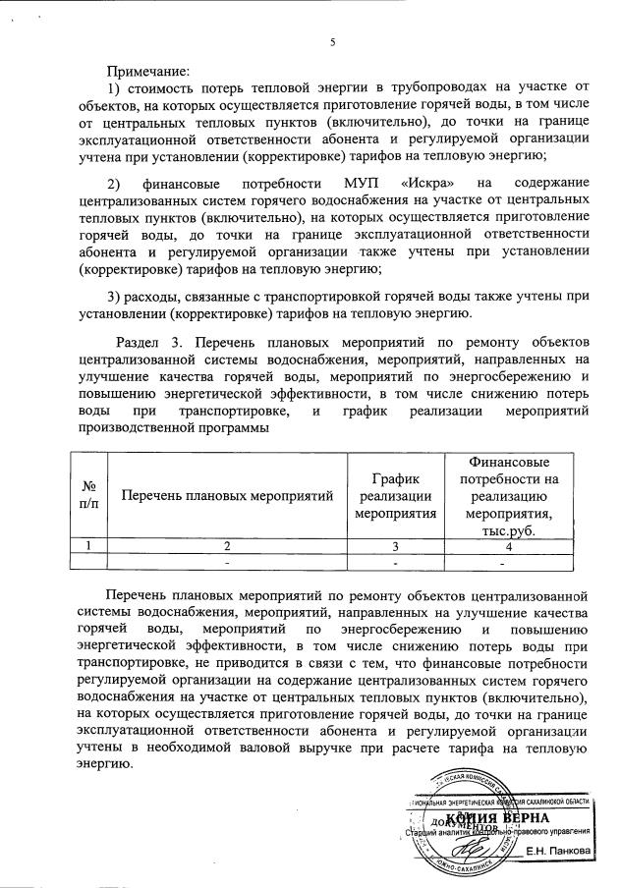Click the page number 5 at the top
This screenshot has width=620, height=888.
[333, 41]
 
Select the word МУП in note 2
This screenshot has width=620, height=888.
[369, 185]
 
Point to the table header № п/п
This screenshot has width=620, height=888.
[88, 494]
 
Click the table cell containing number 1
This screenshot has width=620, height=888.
[88, 545]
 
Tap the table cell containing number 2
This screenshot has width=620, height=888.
[226, 545]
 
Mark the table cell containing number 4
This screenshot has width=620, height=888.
[508, 545]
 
